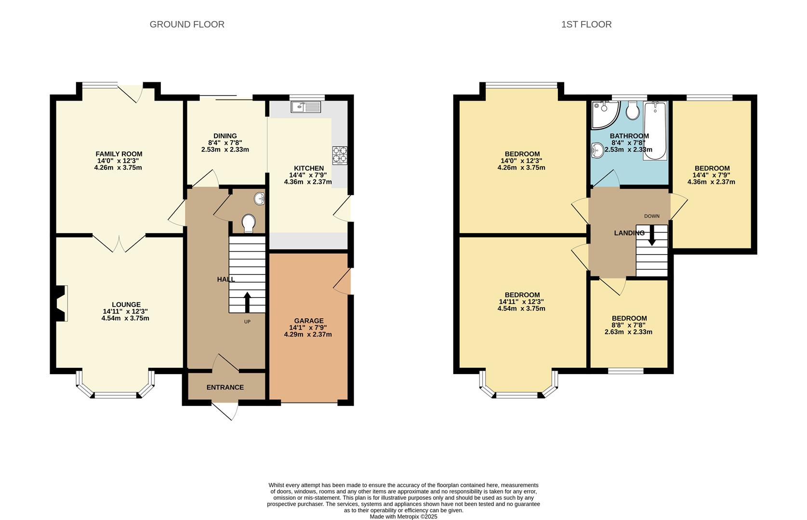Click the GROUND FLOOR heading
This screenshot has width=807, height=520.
187,25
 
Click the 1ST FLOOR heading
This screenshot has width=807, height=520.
586,25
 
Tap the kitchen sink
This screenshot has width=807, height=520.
306,107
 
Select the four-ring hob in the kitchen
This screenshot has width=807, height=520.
340,156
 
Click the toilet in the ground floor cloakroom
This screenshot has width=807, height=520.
249,223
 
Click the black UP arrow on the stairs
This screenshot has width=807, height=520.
247,302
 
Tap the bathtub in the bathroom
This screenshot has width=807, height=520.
655,130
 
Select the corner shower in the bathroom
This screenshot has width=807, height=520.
605,114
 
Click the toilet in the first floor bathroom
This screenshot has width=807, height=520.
632,110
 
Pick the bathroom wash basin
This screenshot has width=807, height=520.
597,150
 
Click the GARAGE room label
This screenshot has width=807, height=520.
309,321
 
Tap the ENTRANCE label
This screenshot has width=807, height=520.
225,387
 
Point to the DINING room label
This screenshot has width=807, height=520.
225,136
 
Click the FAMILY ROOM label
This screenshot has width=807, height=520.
119,154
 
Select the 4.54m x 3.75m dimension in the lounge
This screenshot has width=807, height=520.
125,318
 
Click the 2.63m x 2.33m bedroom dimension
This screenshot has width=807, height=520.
628,332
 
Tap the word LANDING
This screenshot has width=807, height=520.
629,233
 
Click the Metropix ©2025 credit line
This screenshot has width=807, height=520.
404,517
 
